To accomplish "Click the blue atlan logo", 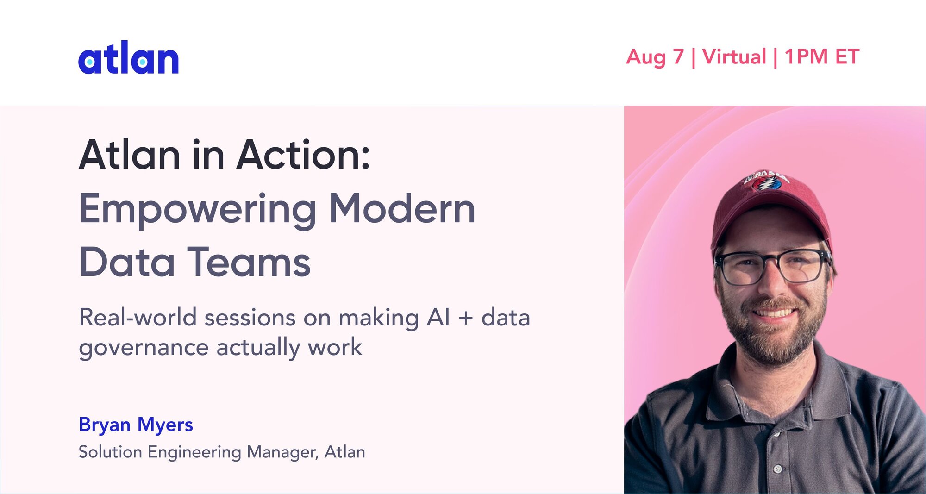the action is pyautogui.click(x=128, y=57).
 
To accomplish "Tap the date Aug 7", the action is pyautogui.click(x=655, y=57).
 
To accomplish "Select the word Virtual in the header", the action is pyautogui.click(x=734, y=56).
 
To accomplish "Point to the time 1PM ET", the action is pyautogui.click(x=822, y=56).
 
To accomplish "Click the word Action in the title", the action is pyautogui.click(x=303, y=155).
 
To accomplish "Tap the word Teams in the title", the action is pyautogui.click(x=249, y=262).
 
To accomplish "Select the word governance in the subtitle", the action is pyautogui.click(x=144, y=348).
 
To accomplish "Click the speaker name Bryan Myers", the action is pyautogui.click(x=136, y=425).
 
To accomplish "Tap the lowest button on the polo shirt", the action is pyautogui.click(x=778, y=469).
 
